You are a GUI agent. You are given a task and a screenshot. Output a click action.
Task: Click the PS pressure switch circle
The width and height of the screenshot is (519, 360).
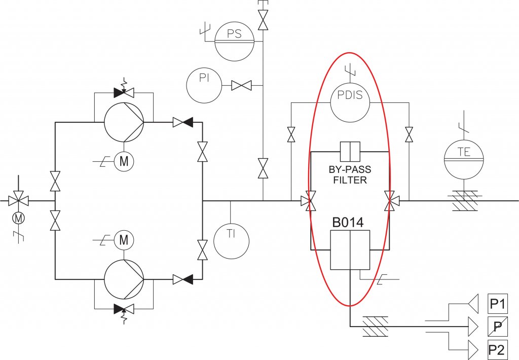(234, 41)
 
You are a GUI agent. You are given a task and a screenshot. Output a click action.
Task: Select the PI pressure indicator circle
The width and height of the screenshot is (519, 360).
(204, 85)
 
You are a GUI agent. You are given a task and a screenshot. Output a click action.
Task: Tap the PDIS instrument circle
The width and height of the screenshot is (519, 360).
(350, 102)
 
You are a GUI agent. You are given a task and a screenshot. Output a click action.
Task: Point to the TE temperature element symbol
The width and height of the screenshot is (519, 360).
(464, 160)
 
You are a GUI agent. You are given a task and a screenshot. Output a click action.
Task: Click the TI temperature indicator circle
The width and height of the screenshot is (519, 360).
(231, 241)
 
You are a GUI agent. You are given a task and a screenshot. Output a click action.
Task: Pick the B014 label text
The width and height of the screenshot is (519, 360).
(348, 223)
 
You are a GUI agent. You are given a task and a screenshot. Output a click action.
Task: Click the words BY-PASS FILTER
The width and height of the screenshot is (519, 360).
(350, 175)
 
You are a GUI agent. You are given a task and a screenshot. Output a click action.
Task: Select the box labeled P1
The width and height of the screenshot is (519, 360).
(497, 304)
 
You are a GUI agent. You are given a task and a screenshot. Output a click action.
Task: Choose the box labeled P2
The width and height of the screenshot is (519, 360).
(497, 350)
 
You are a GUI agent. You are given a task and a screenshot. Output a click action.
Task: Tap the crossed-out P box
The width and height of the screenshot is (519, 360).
(497, 327)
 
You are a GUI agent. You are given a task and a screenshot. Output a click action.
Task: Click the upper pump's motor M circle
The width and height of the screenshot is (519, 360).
(124, 162)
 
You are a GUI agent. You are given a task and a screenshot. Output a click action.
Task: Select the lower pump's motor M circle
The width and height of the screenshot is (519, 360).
(124, 240)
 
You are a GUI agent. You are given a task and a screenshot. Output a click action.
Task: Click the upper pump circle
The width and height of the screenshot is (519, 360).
(124, 122)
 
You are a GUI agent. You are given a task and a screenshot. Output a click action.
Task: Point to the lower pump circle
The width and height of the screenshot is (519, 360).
(124, 279)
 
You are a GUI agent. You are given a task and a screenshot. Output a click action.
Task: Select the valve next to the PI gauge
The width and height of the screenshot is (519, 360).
(241, 86)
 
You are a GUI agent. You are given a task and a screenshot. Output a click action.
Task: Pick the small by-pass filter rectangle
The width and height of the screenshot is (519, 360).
(350, 152)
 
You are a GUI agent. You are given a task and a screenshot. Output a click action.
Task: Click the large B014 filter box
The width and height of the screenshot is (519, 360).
(350, 249)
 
